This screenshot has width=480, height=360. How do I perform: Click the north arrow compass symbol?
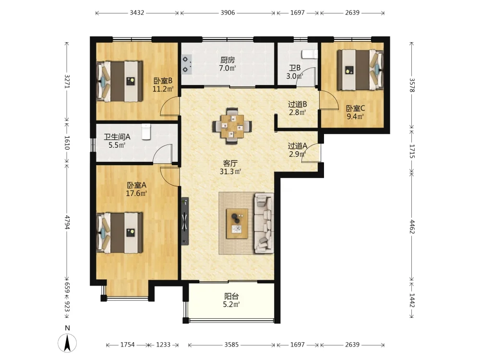pyautogui.click(x=67, y=343)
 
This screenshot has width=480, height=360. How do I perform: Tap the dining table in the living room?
pyautogui.click(x=233, y=126)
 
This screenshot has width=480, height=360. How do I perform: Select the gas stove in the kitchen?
pyautogui.click(x=186, y=64)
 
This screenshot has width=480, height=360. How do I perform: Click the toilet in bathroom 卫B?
pyautogui.click(x=310, y=54)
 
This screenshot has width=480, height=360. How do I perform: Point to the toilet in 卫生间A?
pyautogui.click(x=146, y=132)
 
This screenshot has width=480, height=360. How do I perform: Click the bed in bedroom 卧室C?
pyautogui.click(x=360, y=70)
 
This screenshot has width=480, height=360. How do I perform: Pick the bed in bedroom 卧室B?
pyautogui.click(x=120, y=82)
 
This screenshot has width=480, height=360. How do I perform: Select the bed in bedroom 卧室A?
pyautogui.click(x=120, y=233)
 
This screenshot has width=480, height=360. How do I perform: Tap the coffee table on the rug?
pyautogui.click(x=237, y=224)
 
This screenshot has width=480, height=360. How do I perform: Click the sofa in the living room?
pyautogui.click(x=264, y=224)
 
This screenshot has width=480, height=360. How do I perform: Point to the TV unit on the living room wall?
pyautogui.click(x=185, y=221)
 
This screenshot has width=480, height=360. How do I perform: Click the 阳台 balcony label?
pyautogui.click(x=231, y=296)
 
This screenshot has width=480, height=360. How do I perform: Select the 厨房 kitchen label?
pyautogui.click(x=228, y=60)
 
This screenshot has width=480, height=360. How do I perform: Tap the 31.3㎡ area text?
pyautogui.click(x=230, y=172)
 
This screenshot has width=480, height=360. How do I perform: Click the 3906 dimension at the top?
pyautogui.click(x=228, y=12)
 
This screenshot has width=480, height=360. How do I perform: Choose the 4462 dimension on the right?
pyautogui.click(x=412, y=227)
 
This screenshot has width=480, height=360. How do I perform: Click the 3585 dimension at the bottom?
pyautogui.click(x=231, y=345)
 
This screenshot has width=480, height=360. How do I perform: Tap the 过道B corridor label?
pyautogui.click(x=297, y=104)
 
